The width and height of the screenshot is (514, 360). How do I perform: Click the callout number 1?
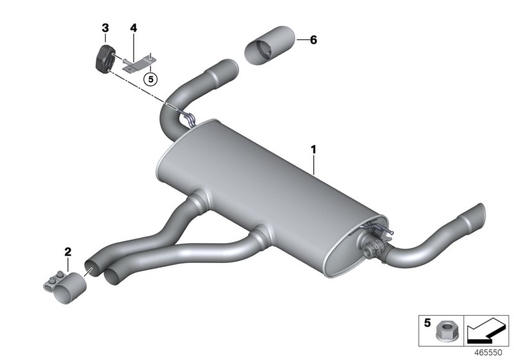click(x=314, y=150)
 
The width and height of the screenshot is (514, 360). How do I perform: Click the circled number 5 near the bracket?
click(x=150, y=79)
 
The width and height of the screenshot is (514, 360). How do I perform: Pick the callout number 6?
click(x=314, y=40)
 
